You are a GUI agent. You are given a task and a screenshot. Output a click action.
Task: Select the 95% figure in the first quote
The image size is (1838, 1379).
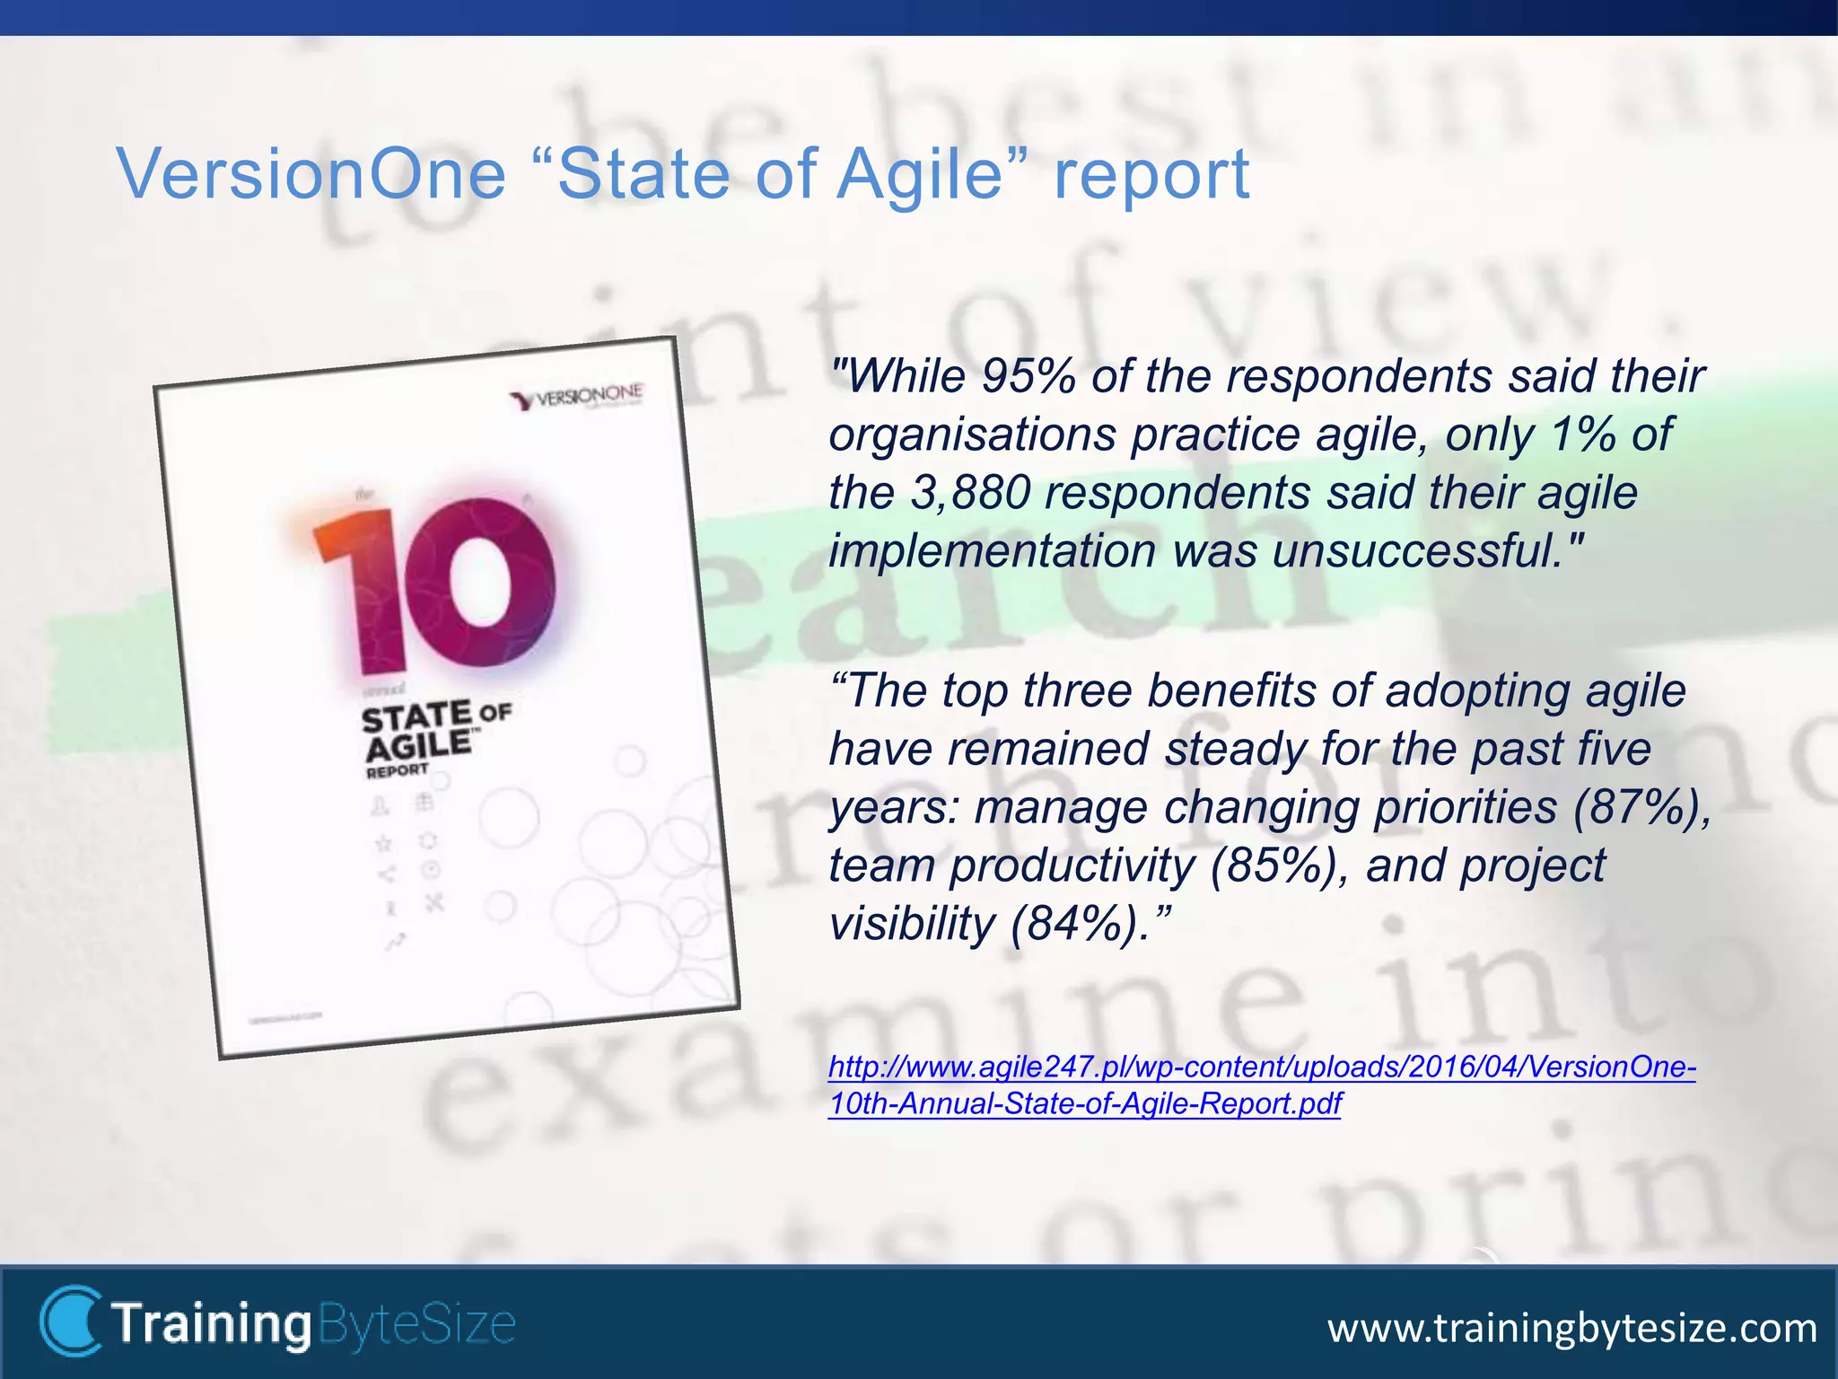(1028, 376)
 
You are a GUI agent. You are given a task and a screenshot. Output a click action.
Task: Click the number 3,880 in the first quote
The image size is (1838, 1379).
(970, 493)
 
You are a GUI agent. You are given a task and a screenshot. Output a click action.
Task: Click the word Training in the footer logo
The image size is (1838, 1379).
(212, 1323)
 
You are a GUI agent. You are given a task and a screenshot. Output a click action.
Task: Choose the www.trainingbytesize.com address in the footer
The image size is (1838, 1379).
(1571, 1327)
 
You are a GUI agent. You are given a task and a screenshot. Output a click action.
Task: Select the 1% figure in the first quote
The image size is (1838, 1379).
(1583, 435)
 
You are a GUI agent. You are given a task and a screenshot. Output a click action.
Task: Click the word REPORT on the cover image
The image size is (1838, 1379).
(397, 771)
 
